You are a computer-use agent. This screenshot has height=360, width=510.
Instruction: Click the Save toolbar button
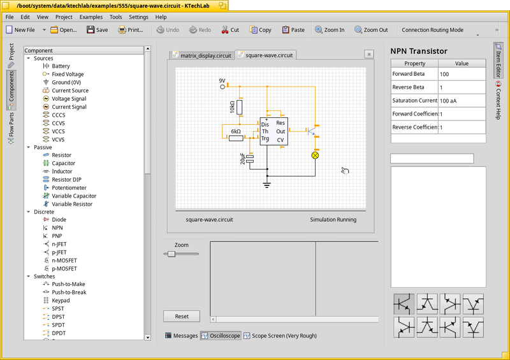pyautogui.click(x=98, y=30)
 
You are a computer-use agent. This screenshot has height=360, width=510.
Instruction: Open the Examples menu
pyautogui.click(x=91, y=17)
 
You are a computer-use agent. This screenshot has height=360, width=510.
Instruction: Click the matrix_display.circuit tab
pyautogui.click(x=202, y=55)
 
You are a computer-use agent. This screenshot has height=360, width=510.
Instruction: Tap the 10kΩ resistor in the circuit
pyautogui.click(x=240, y=107)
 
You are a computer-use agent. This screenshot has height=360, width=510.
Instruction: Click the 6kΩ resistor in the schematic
pyautogui.click(x=236, y=138)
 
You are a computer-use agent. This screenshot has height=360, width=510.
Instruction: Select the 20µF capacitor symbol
pyautogui.click(x=250, y=159)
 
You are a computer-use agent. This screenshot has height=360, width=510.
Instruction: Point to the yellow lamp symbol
pyautogui.click(x=315, y=155)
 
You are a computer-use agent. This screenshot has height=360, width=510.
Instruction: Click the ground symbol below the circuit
pyautogui.click(x=266, y=185)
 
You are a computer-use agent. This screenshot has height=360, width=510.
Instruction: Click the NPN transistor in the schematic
pyautogui.click(x=312, y=131)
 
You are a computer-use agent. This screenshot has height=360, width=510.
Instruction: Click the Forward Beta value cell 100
pyautogui.click(x=462, y=74)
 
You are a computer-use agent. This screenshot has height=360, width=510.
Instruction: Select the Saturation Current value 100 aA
pyautogui.click(x=462, y=101)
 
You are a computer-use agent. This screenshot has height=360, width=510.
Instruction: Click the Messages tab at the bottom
pyautogui.click(x=182, y=336)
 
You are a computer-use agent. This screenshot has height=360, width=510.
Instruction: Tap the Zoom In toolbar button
pyautogui.click(x=330, y=30)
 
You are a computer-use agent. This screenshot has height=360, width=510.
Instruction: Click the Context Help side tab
pyautogui.click(x=498, y=101)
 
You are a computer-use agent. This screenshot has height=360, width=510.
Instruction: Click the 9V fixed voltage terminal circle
pyautogui.click(x=222, y=87)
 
